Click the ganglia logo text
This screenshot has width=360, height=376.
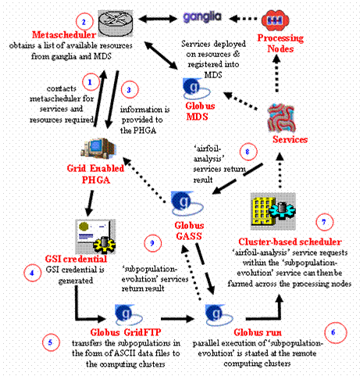coord(202,18)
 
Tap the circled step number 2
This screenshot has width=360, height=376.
coord(84,22)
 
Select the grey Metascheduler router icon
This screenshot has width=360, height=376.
coord(116,23)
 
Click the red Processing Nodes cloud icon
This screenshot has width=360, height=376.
coord(275,20)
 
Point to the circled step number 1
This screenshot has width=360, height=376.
coord(91,82)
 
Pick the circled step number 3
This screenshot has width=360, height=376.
coord(130,90)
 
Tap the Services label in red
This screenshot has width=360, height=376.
coord(290,139)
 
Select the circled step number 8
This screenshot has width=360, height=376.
coord(248,152)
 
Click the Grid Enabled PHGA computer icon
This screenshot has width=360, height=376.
coord(98,149)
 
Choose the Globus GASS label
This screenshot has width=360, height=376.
coord(189,231)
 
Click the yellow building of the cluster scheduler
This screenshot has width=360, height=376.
coord(262,211)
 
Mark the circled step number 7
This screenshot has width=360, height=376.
coord(324,222)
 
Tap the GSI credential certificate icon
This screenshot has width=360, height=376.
coord(95,236)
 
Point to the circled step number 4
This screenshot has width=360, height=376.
coord(32,273)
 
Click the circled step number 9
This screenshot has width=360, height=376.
coord(153,243)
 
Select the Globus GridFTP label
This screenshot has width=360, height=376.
coord(126,332)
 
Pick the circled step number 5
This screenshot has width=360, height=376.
coord(51,342)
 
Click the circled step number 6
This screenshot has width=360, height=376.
coord(336,332)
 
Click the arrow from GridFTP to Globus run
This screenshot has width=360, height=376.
coord(177,318)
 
